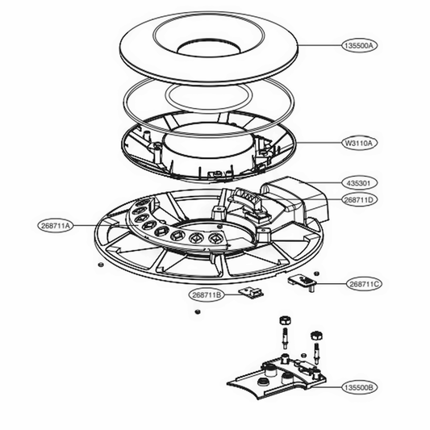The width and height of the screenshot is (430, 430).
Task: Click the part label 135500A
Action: (x=359, y=47)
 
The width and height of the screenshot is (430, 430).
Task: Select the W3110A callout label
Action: (x=359, y=143)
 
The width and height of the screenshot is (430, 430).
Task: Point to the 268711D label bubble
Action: (x=359, y=199)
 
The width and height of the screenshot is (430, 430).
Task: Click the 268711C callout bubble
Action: (x=365, y=284)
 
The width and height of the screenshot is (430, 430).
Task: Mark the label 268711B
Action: (x=207, y=295)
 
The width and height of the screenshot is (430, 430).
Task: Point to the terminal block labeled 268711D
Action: (x=248, y=200)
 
